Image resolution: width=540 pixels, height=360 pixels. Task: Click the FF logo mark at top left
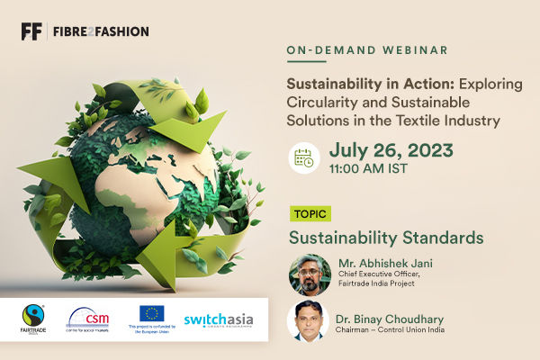31,31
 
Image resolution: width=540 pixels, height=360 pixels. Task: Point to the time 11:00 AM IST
368,168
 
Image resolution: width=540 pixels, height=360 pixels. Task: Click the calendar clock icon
304,157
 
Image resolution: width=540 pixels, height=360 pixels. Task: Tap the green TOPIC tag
309,214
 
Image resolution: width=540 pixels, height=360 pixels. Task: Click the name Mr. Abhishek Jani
382,265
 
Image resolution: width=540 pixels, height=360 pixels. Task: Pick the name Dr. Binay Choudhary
391,316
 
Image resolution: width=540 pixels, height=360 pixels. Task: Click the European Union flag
152,314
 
